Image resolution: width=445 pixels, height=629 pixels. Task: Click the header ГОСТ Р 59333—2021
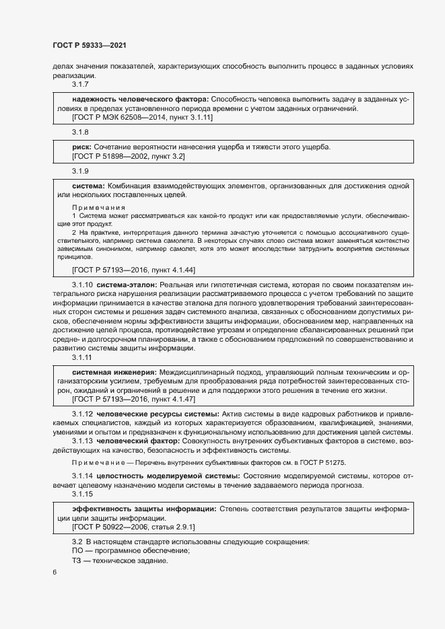pyautogui.click(x=90, y=45)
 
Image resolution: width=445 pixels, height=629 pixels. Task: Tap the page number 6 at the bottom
pyautogui.click(x=54, y=572)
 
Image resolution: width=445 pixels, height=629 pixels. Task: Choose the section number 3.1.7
pyautogui.click(x=81, y=85)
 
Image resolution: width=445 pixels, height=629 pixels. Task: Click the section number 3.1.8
pyautogui.click(x=81, y=132)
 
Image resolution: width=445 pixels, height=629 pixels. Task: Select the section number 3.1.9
pyautogui.click(x=81, y=170)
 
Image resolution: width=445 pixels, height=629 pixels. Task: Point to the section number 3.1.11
pyautogui.click(x=83, y=357)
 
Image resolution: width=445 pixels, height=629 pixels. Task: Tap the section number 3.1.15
pyautogui.click(x=83, y=494)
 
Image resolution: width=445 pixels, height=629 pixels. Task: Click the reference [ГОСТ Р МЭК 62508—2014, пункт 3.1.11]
pyautogui.click(x=142, y=118)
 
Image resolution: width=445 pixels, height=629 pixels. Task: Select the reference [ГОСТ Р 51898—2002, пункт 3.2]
pyautogui.click(x=128, y=155)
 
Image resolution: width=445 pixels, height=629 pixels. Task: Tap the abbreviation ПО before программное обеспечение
pyautogui.click(x=77, y=551)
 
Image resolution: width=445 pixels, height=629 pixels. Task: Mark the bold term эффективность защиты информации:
pyautogui.click(x=143, y=509)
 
